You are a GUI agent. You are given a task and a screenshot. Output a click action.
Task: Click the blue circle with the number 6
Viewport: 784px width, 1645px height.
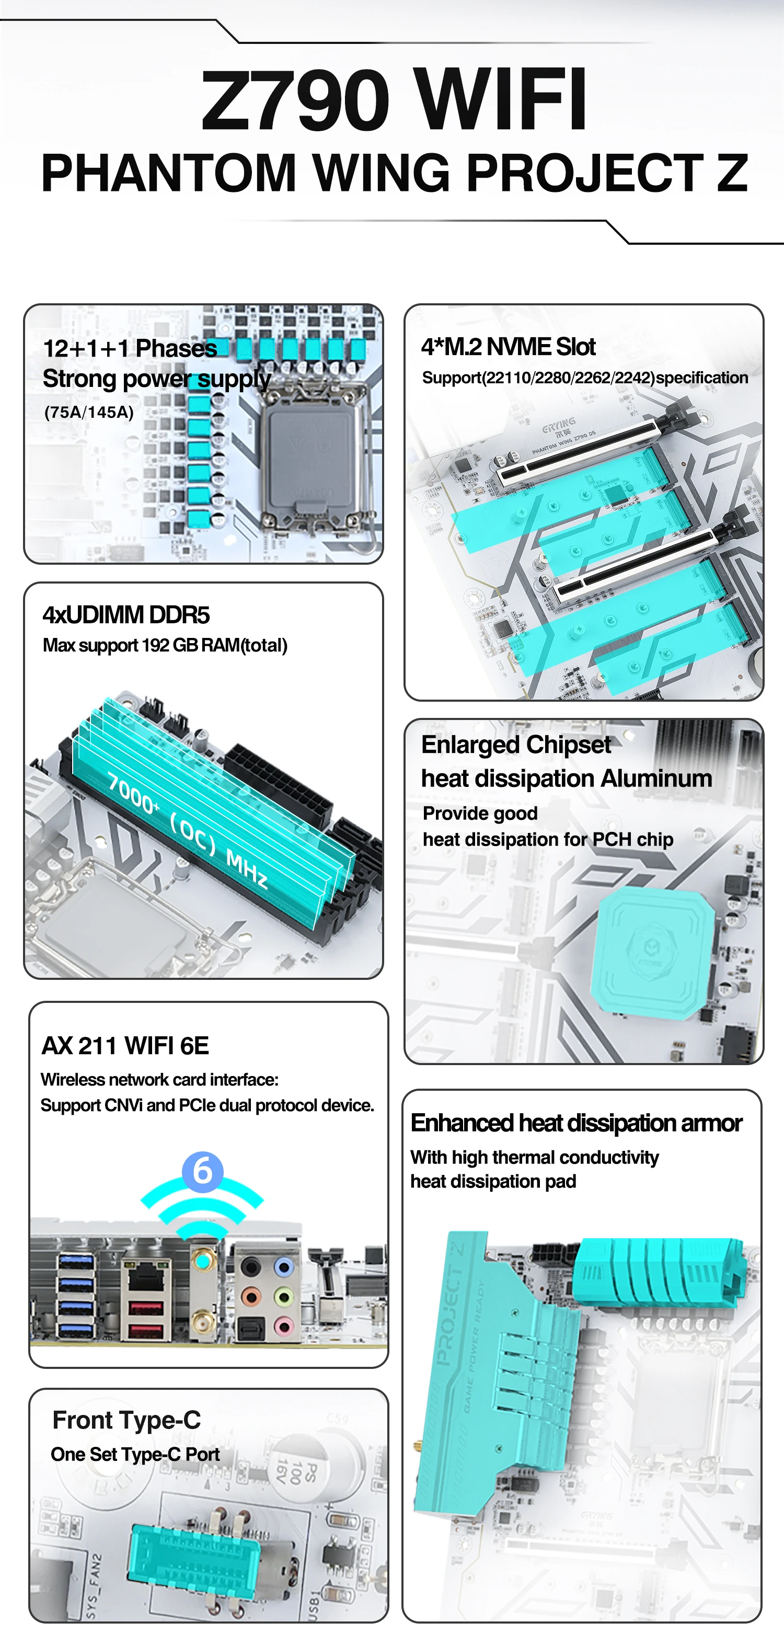[202, 1171]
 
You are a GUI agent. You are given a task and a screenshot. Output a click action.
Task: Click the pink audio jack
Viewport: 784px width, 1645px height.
[284, 1328]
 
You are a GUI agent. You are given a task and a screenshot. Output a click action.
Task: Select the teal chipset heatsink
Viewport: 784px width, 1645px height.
[652, 952]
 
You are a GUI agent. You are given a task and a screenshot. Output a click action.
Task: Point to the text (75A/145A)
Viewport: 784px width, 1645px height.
[89, 412]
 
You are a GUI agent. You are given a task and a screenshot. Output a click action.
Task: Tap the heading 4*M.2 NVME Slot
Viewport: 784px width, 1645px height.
[508, 347]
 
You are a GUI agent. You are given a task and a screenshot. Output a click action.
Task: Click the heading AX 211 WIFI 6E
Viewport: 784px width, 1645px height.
[125, 1046]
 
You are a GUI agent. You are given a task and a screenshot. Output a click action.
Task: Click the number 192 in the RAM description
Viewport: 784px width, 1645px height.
[156, 646]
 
